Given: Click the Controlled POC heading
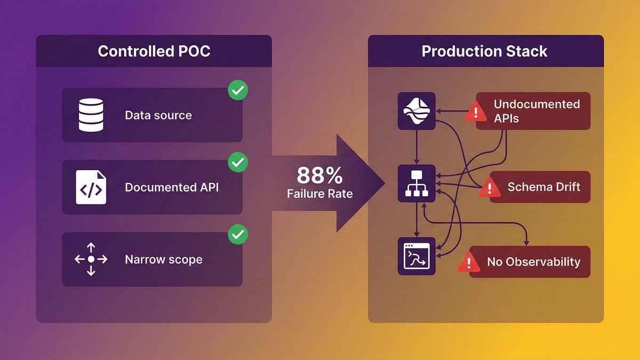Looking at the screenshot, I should (x=154, y=51).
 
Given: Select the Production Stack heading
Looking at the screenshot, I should (x=484, y=51).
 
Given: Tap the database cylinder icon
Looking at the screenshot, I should (x=91, y=115).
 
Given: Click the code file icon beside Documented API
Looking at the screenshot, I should (x=91, y=187).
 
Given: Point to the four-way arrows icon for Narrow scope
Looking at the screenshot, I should (x=91, y=259).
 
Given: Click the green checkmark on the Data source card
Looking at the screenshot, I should (x=237, y=91).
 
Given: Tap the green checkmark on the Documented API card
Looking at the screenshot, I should (x=237, y=162).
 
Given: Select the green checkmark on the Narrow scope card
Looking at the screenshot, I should (x=237, y=234).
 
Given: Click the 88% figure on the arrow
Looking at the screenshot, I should (x=319, y=175).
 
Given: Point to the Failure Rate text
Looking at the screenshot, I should (x=319, y=194).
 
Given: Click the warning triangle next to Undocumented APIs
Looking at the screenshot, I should (x=475, y=112).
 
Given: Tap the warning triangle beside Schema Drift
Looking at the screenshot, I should (x=489, y=188).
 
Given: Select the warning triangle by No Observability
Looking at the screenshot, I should (x=469, y=262).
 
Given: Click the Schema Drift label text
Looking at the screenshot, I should (x=543, y=187).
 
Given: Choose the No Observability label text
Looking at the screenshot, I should (x=533, y=262).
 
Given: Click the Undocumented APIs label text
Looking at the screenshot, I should (x=537, y=110).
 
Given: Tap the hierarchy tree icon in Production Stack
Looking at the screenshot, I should (x=417, y=183).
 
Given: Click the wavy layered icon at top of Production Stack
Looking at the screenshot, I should (x=417, y=110).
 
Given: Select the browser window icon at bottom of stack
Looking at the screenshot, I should (x=417, y=257).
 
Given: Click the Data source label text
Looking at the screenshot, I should (x=158, y=115).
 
